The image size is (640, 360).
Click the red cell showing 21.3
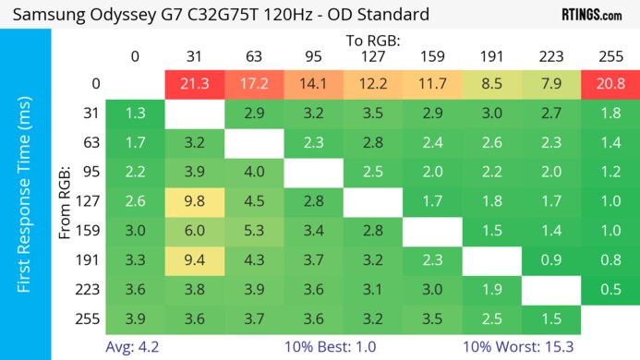[194, 84]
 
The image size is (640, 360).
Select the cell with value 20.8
[610, 84]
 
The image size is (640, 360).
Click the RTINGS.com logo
[591, 14]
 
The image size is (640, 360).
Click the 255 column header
[610, 55]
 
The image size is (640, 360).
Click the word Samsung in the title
[45, 14]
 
